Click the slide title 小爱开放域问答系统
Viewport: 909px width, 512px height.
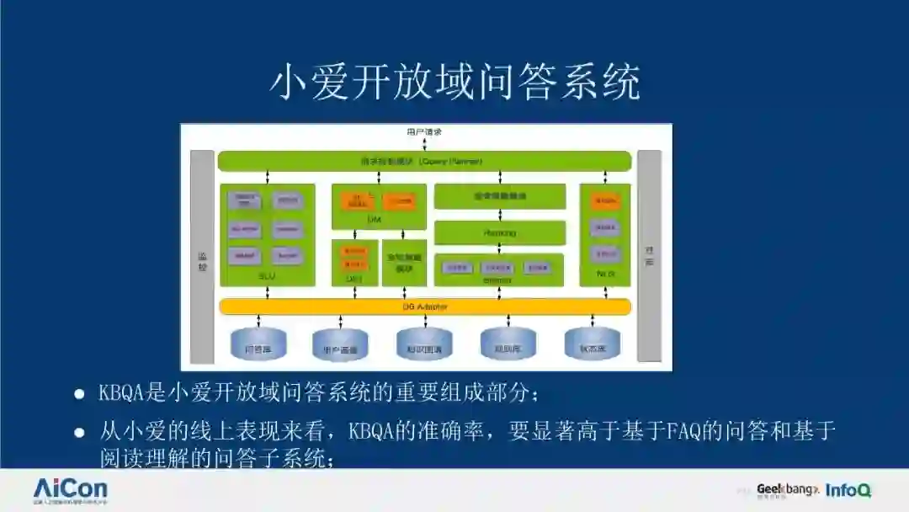click(454, 83)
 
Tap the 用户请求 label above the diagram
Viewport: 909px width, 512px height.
click(424, 132)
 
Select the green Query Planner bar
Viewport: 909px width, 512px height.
click(424, 161)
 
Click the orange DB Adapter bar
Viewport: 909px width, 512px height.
click(424, 307)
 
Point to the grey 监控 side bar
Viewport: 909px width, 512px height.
click(202, 256)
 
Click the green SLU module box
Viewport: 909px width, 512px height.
click(268, 235)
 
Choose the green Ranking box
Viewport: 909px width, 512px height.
click(499, 232)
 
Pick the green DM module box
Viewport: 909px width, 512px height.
click(378, 207)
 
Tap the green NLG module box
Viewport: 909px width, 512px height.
click(605, 235)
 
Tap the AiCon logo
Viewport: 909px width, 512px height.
click(71, 490)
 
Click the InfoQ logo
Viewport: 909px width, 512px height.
click(848, 490)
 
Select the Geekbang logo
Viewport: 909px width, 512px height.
click(786, 489)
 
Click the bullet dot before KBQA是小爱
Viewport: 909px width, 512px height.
click(79, 394)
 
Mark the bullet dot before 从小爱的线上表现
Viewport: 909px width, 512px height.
click(79, 433)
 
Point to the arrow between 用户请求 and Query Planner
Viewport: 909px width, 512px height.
click(424, 144)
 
